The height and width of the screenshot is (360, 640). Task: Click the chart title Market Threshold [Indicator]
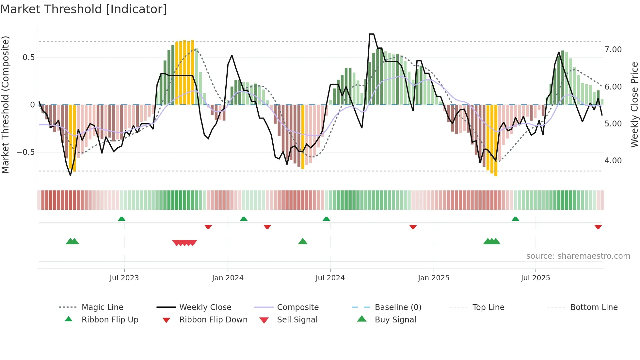point(84,9)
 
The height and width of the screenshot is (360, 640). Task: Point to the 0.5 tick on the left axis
point(28,57)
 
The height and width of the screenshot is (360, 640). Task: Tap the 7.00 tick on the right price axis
point(613,50)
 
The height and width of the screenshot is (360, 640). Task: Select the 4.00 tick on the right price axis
point(613,161)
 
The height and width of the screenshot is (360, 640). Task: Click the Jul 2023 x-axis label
point(124,278)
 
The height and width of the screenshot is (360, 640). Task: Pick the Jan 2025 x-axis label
point(433,278)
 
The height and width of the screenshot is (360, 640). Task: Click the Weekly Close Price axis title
point(634,105)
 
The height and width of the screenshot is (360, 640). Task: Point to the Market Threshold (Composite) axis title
point(5,105)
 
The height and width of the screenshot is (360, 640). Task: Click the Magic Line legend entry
point(102,307)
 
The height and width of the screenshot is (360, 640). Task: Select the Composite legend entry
point(297,307)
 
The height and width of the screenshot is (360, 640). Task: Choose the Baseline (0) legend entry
point(398,307)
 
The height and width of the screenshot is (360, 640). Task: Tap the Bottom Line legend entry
point(594,307)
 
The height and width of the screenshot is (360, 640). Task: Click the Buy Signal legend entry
point(395,320)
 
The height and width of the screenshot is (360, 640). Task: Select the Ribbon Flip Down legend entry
point(213,320)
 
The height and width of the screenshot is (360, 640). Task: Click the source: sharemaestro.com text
point(578,256)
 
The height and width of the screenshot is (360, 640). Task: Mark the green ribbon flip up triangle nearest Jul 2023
point(121,219)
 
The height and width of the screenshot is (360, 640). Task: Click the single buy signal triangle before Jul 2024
point(303,241)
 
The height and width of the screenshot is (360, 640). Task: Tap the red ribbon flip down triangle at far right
point(598,227)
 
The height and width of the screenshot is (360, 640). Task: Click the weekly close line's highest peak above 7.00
point(372,34)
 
